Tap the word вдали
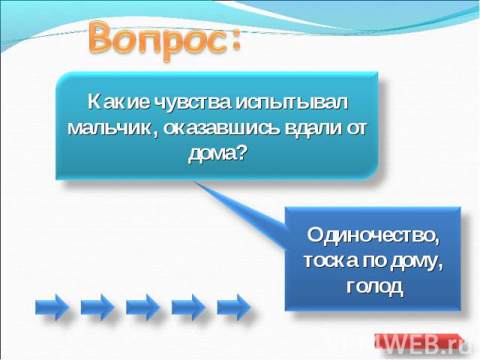[x=312, y=128]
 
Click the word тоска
[x=331, y=261]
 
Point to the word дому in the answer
[x=417, y=262]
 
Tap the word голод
[x=375, y=287]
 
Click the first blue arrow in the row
[x=52, y=307]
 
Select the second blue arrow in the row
[x=97, y=307]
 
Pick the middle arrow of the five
[x=142, y=307]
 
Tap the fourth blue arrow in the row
[x=188, y=307]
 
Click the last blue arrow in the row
[x=233, y=307]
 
